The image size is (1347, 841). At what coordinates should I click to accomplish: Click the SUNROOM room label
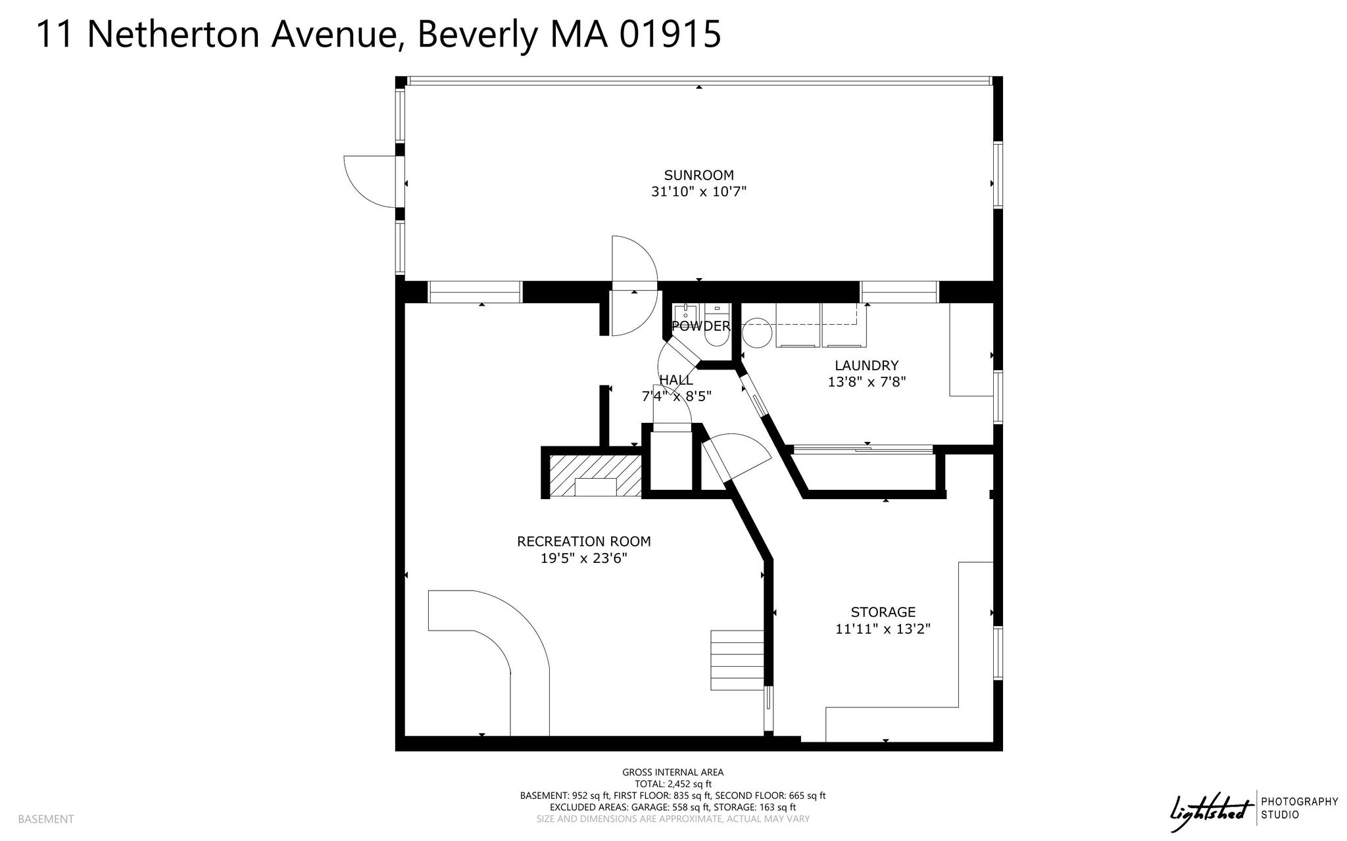coord(698,175)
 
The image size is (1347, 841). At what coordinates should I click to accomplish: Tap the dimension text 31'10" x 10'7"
coord(698,192)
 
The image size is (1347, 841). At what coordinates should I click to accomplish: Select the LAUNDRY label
coord(866,366)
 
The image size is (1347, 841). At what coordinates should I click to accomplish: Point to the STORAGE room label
coord(883,612)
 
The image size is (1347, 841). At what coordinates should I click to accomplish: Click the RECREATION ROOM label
coord(584,541)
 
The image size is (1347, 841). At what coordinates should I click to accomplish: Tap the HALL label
coord(676,380)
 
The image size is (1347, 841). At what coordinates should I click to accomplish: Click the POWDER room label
coord(700,326)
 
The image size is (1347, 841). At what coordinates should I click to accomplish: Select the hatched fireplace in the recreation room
coord(595,475)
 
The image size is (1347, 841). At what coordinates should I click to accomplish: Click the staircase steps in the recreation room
coord(737,660)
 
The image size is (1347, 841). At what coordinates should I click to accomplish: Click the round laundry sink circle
coord(756,333)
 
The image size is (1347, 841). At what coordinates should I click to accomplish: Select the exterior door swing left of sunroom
coord(370,181)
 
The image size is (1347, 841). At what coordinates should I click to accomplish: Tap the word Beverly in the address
coord(477,34)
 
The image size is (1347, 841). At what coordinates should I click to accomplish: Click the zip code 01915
coord(670,34)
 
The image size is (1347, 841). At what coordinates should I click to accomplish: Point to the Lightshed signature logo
coord(1209,808)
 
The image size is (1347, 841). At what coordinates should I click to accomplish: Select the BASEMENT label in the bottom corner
coord(46,819)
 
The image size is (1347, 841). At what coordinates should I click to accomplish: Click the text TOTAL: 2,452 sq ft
coord(673,784)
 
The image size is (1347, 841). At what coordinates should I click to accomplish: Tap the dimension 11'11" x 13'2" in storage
coord(883,629)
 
